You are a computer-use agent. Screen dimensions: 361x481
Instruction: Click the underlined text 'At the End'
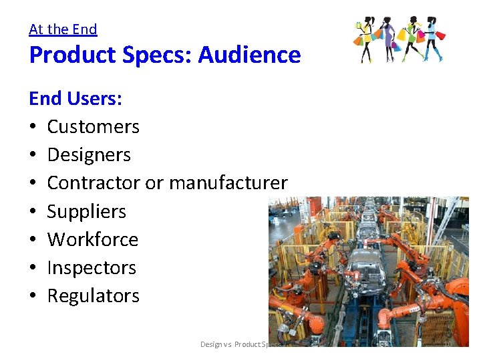pos(63,29)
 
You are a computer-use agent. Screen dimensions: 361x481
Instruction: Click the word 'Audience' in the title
pos(257,55)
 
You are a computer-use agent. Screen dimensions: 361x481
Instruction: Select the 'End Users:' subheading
pos(75,98)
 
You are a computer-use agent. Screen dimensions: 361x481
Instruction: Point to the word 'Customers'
pos(93,126)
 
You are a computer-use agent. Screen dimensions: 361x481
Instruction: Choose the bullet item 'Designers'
pos(89,154)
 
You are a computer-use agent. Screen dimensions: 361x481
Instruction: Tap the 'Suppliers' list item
pos(86,211)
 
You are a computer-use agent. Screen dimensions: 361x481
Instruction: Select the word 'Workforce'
pos(92,239)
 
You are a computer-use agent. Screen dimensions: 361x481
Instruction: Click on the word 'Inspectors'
pos(92,267)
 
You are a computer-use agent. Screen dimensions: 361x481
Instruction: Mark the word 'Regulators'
pos(93,295)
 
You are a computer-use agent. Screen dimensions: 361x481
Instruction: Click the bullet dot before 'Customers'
pos(33,127)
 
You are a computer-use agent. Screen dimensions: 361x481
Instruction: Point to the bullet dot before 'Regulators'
pos(33,296)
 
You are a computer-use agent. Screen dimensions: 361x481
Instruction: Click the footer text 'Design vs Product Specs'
pos(241,344)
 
